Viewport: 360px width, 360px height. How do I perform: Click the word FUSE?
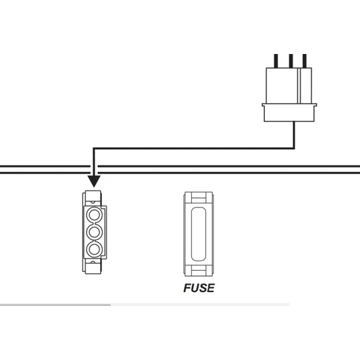point(199,288)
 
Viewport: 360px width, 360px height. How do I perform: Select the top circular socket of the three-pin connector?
point(94,215)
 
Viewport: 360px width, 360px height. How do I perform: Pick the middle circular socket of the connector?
point(94,232)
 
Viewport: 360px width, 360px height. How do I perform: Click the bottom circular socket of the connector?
point(94,249)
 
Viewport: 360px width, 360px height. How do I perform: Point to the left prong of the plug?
point(276,61)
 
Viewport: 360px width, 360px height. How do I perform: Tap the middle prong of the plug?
point(291,61)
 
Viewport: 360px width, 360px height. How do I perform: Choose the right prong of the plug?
point(305,61)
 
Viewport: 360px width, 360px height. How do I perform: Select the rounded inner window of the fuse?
point(199,234)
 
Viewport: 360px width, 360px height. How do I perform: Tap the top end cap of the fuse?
point(199,197)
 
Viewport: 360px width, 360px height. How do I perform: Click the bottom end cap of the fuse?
point(199,271)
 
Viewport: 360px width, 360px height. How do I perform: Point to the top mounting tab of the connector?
point(93,198)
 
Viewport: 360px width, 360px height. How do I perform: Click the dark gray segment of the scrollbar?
point(55,305)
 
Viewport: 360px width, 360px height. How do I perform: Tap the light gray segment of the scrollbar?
point(200,305)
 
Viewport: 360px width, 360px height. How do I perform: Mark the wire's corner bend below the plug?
point(294,148)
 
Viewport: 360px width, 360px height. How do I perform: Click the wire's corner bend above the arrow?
point(94,149)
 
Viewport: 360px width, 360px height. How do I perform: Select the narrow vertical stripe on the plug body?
point(299,85)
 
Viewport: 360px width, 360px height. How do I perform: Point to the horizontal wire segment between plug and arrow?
point(194,149)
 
